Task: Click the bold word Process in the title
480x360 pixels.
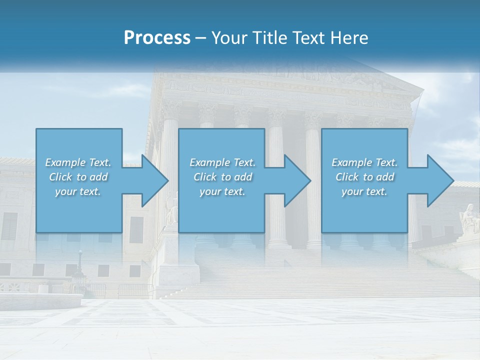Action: click(x=157, y=37)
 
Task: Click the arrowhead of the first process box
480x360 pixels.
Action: click(x=155, y=180)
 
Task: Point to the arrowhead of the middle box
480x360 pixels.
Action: click(x=297, y=180)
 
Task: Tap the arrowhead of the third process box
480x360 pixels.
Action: click(x=440, y=180)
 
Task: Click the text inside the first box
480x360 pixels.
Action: click(x=78, y=177)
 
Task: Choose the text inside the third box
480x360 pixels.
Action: click(x=364, y=177)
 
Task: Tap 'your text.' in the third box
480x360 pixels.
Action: click(x=364, y=191)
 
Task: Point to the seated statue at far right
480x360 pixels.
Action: click(x=469, y=217)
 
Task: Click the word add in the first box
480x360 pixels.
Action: click(x=98, y=177)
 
